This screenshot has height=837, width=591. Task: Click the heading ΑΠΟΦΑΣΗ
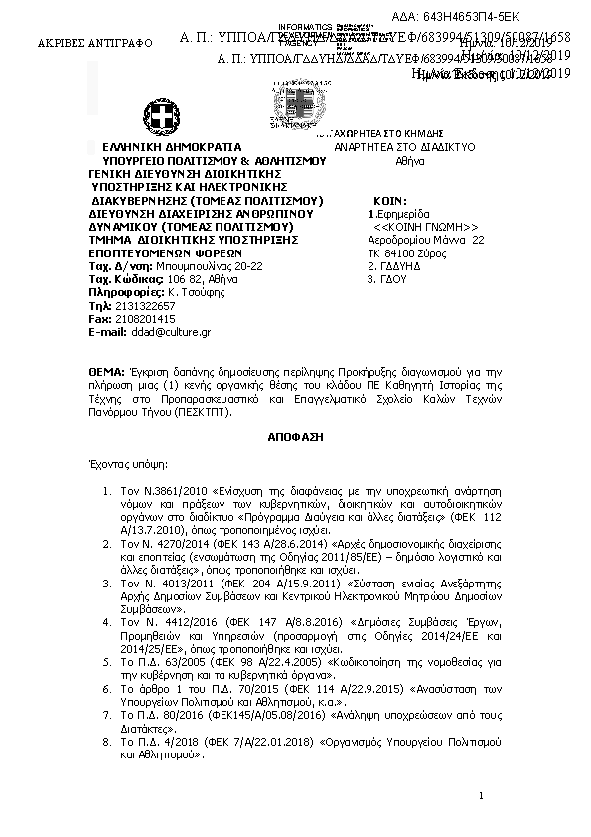[x=295, y=436]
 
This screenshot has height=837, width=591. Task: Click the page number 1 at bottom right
[x=480, y=795]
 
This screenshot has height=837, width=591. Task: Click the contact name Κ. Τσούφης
[x=187, y=292]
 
